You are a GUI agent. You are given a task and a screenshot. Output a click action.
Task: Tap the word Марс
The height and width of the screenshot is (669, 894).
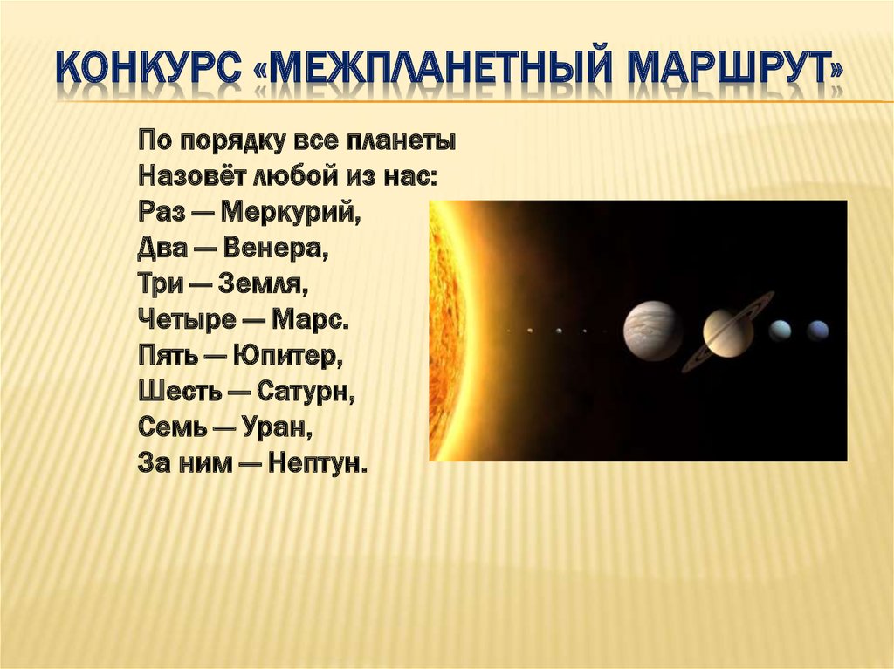(311, 320)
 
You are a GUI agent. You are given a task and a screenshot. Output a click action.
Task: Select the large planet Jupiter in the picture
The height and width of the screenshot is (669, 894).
(652, 331)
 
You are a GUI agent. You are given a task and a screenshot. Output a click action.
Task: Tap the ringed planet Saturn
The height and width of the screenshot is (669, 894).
(728, 332)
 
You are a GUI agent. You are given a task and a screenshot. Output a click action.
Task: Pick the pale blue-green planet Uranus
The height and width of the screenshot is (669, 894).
(780, 331)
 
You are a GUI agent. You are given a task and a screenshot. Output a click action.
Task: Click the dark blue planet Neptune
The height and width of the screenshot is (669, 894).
(817, 331)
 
